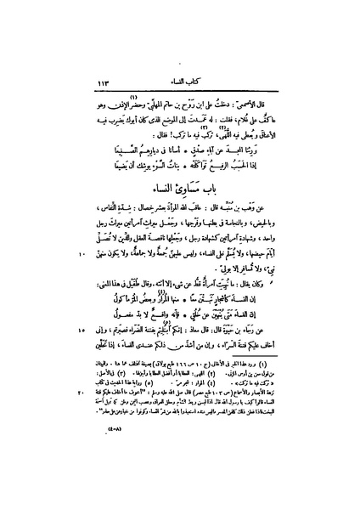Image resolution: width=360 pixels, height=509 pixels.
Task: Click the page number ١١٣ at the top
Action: pyautogui.click(x=111, y=82)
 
